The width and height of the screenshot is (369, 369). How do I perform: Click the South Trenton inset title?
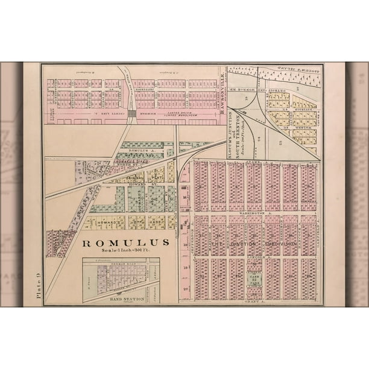click(x=238, y=133)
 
